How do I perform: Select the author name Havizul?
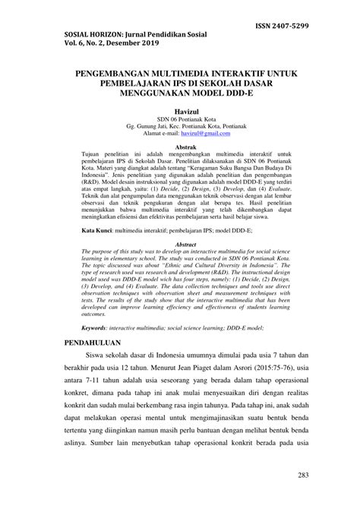pyautogui.click(x=180, y=112)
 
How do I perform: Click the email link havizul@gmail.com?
pyautogui.click(x=203, y=134)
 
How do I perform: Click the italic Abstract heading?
pyautogui.click(x=180, y=223)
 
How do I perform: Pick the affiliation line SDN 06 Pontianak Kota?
pyautogui.click(x=180, y=120)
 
